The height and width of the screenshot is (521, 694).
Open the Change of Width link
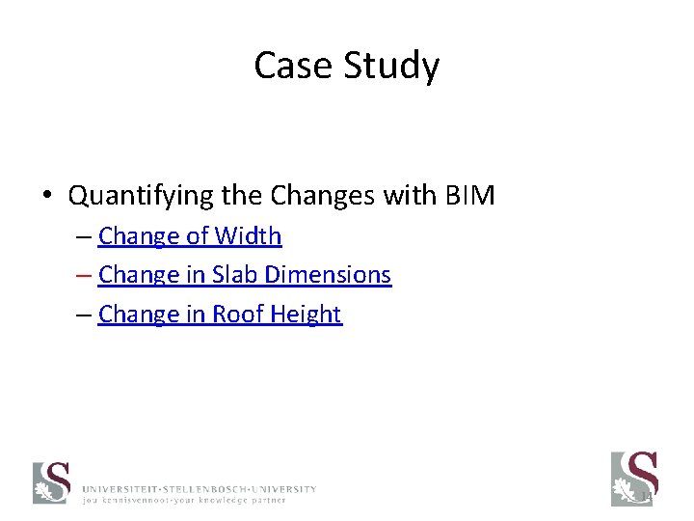coord(190,235)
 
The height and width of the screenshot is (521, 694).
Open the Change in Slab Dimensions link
coord(245,275)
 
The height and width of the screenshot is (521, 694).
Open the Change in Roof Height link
coord(220,315)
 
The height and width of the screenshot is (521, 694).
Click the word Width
coord(248,235)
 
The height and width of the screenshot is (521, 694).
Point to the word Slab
coord(235,275)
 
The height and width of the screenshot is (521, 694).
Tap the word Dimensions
coord(328,275)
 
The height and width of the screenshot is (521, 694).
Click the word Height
coord(307,315)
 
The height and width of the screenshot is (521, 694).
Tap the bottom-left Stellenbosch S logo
coord(52,482)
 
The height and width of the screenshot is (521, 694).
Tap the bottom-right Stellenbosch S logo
coord(633,478)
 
